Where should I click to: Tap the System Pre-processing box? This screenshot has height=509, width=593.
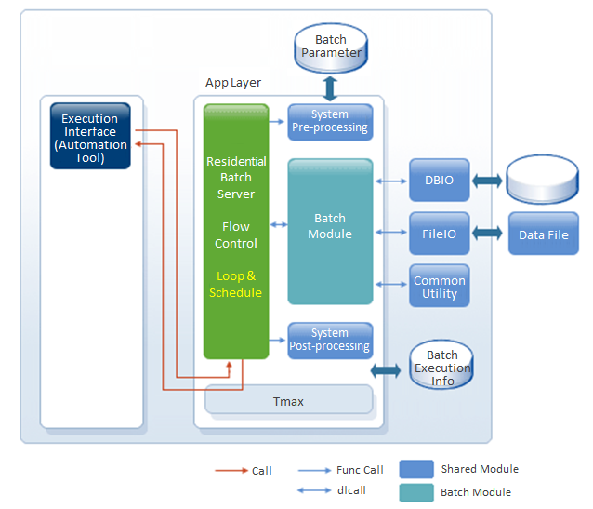(x=330, y=122)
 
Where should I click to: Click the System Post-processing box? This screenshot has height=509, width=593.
(x=330, y=340)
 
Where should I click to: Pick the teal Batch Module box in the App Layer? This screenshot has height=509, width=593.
(x=330, y=231)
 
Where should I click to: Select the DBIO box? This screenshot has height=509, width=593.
(x=440, y=180)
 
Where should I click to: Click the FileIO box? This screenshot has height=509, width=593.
(x=440, y=234)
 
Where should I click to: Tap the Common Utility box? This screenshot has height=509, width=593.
(x=440, y=287)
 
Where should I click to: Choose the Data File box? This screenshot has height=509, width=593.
(x=544, y=234)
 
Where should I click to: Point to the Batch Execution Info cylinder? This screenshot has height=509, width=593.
(x=441, y=366)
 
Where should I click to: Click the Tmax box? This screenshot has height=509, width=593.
(x=287, y=401)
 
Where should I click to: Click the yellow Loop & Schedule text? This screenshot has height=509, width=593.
(x=235, y=285)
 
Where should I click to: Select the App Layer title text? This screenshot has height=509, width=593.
(x=233, y=83)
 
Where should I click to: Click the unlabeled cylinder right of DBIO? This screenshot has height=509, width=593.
(x=543, y=180)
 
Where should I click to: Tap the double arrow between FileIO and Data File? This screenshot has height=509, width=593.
(x=489, y=234)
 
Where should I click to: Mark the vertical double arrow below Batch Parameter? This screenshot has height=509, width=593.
(x=331, y=88)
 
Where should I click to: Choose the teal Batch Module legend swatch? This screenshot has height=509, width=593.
(x=416, y=492)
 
